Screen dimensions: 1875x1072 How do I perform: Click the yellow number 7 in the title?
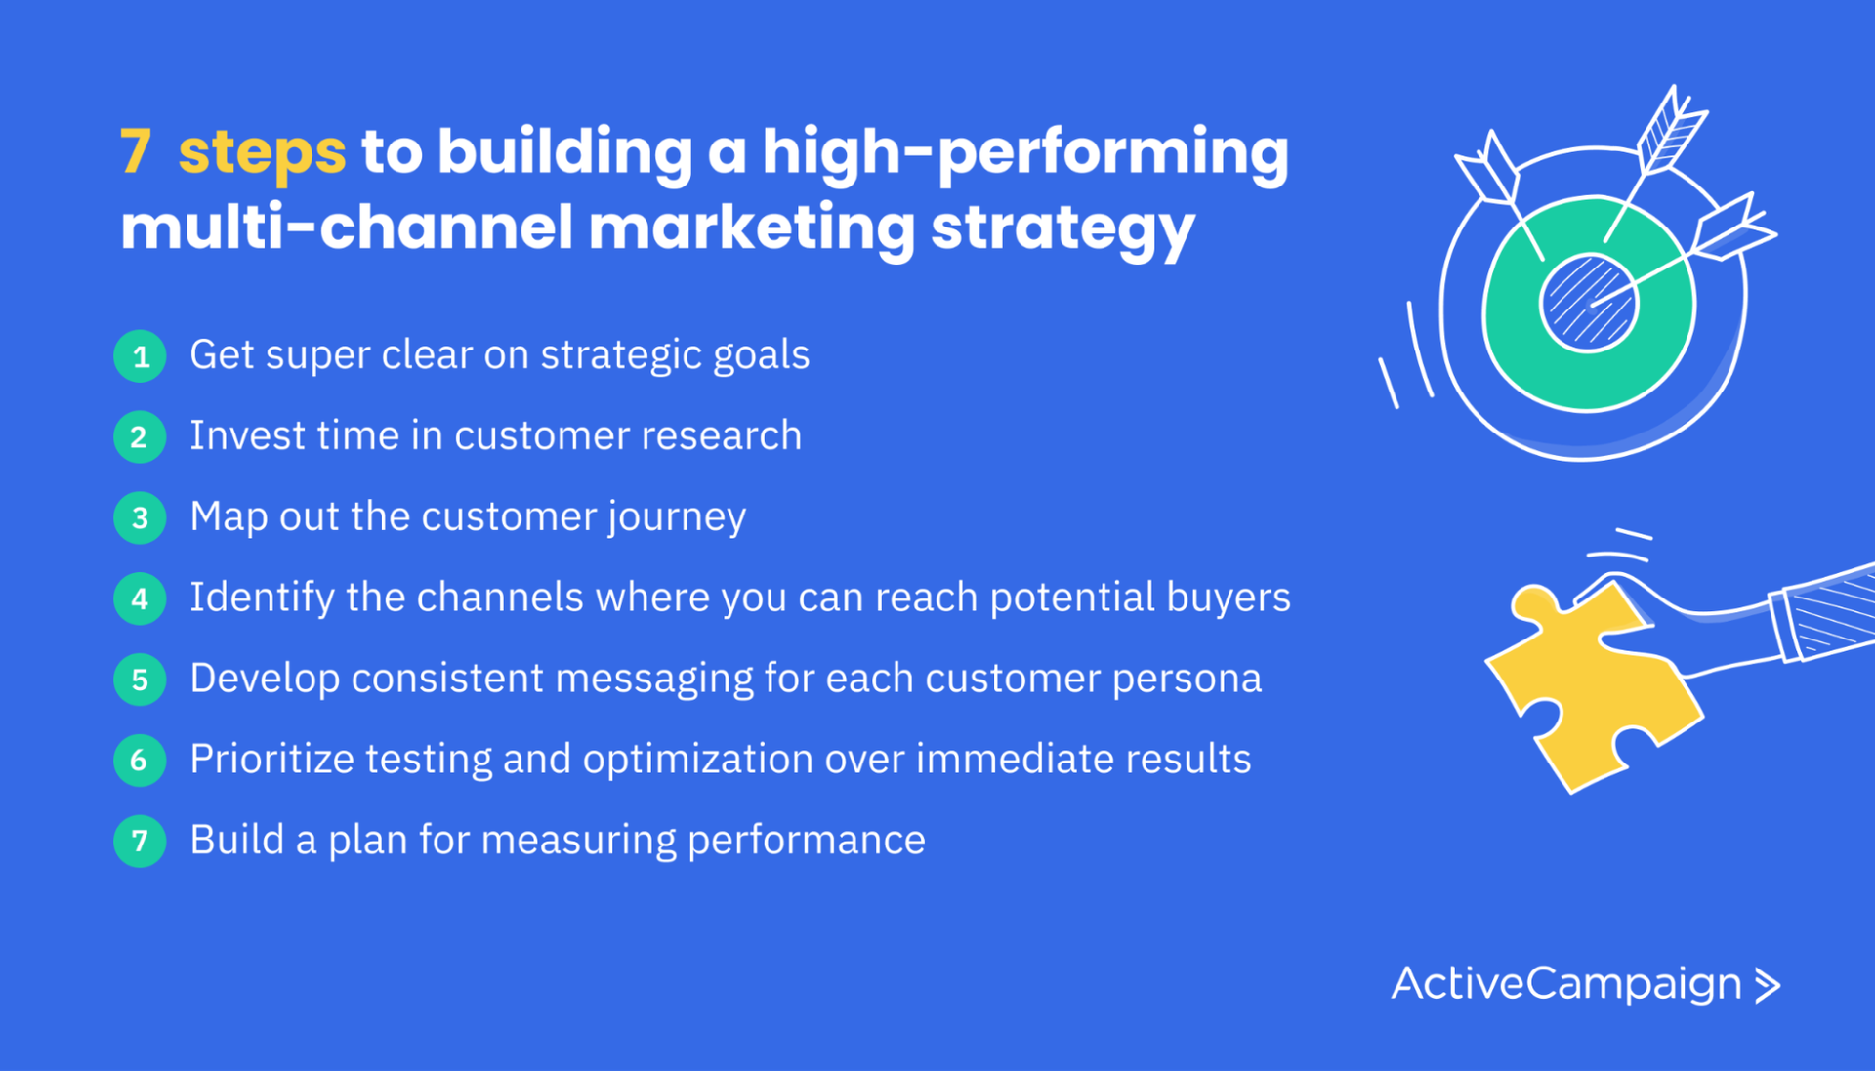tap(136, 151)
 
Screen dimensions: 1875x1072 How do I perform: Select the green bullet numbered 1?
tap(140, 356)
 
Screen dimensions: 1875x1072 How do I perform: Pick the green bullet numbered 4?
tap(140, 598)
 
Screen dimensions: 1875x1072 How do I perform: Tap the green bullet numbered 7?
tap(140, 841)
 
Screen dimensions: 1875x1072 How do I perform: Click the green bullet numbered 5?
tap(140, 680)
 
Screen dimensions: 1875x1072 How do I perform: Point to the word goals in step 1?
tap(761, 356)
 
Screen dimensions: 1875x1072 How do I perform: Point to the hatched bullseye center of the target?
tap(1589, 302)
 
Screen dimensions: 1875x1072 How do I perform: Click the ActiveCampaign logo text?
tap(1566, 984)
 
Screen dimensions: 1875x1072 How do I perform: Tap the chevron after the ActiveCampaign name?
tap(1768, 986)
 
